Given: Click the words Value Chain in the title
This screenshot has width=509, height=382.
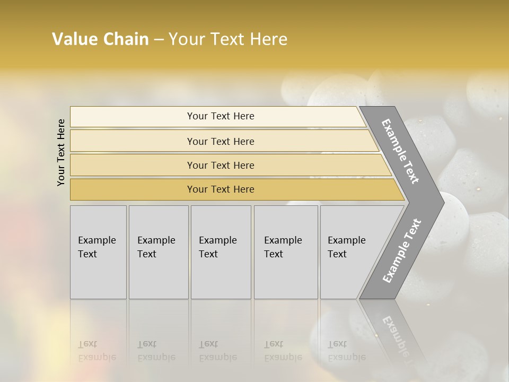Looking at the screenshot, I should pos(100,39).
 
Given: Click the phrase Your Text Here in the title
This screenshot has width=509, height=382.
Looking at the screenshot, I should pos(228,39).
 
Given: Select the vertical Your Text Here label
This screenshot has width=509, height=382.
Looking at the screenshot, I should pos(61,152).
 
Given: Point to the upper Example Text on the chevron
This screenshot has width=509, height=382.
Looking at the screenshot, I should pos(400,151).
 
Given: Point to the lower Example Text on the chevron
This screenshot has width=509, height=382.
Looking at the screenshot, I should pos(401,250).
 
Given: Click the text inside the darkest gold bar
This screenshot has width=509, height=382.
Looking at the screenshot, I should pos(221,189).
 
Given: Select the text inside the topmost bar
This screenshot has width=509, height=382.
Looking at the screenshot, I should pos(221,116).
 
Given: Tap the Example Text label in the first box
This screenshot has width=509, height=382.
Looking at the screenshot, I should pos(96,247).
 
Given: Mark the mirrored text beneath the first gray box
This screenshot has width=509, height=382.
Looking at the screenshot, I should pos(96,351).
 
